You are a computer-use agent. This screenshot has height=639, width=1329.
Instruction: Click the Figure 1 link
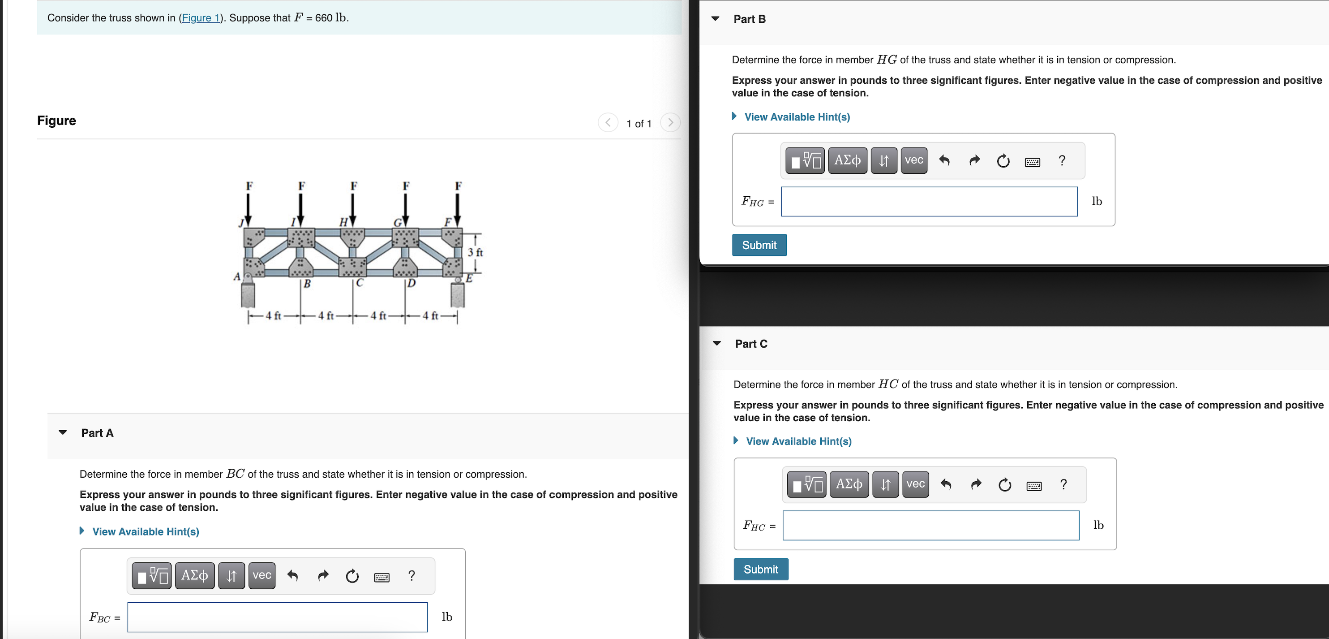coord(200,18)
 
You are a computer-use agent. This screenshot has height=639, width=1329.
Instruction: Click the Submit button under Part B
coord(759,245)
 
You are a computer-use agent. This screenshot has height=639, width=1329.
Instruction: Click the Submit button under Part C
coord(760,569)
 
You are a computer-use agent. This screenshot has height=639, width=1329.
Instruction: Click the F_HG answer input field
coord(929,202)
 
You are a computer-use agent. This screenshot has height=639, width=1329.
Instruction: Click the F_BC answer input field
coord(277,617)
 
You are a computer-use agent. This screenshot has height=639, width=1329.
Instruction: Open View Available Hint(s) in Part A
coord(145,531)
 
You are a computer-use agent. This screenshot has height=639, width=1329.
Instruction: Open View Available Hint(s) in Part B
coord(797,117)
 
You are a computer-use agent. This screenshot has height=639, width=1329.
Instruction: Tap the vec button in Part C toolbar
coord(915,484)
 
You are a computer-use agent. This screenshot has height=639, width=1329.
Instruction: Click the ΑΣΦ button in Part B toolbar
coord(847,160)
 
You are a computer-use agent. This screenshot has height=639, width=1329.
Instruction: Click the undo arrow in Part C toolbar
coord(946,484)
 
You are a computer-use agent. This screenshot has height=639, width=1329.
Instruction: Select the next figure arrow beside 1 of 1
coord(670,123)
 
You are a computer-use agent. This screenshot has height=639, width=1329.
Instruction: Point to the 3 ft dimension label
coord(475,252)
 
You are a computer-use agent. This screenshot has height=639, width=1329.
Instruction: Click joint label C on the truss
coord(360,283)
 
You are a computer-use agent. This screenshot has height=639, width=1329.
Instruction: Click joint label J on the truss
coord(240,223)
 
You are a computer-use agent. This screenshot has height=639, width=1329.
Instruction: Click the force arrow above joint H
coord(353,207)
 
